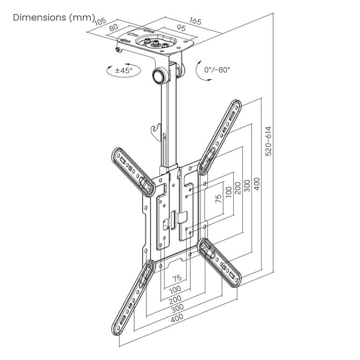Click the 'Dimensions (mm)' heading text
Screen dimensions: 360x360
(x=53, y=18)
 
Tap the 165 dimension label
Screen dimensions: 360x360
(x=195, y=22)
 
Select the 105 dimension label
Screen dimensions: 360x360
(x=100, y=22)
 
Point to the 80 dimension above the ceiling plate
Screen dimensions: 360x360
(x=113, y=27)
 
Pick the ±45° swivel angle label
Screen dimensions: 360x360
(x=124, y=71)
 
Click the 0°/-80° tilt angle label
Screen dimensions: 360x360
(x=217, y=70)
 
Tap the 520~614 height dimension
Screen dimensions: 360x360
(x=268, y=140)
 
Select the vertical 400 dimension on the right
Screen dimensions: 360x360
(x=257, y=184)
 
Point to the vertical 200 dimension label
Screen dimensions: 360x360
(x=238, y=188)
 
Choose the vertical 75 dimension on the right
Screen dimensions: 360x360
(x=218, y=199)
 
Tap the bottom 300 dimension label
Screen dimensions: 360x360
(x=177, y=308)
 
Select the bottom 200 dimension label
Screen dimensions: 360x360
(x=175, y=299)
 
